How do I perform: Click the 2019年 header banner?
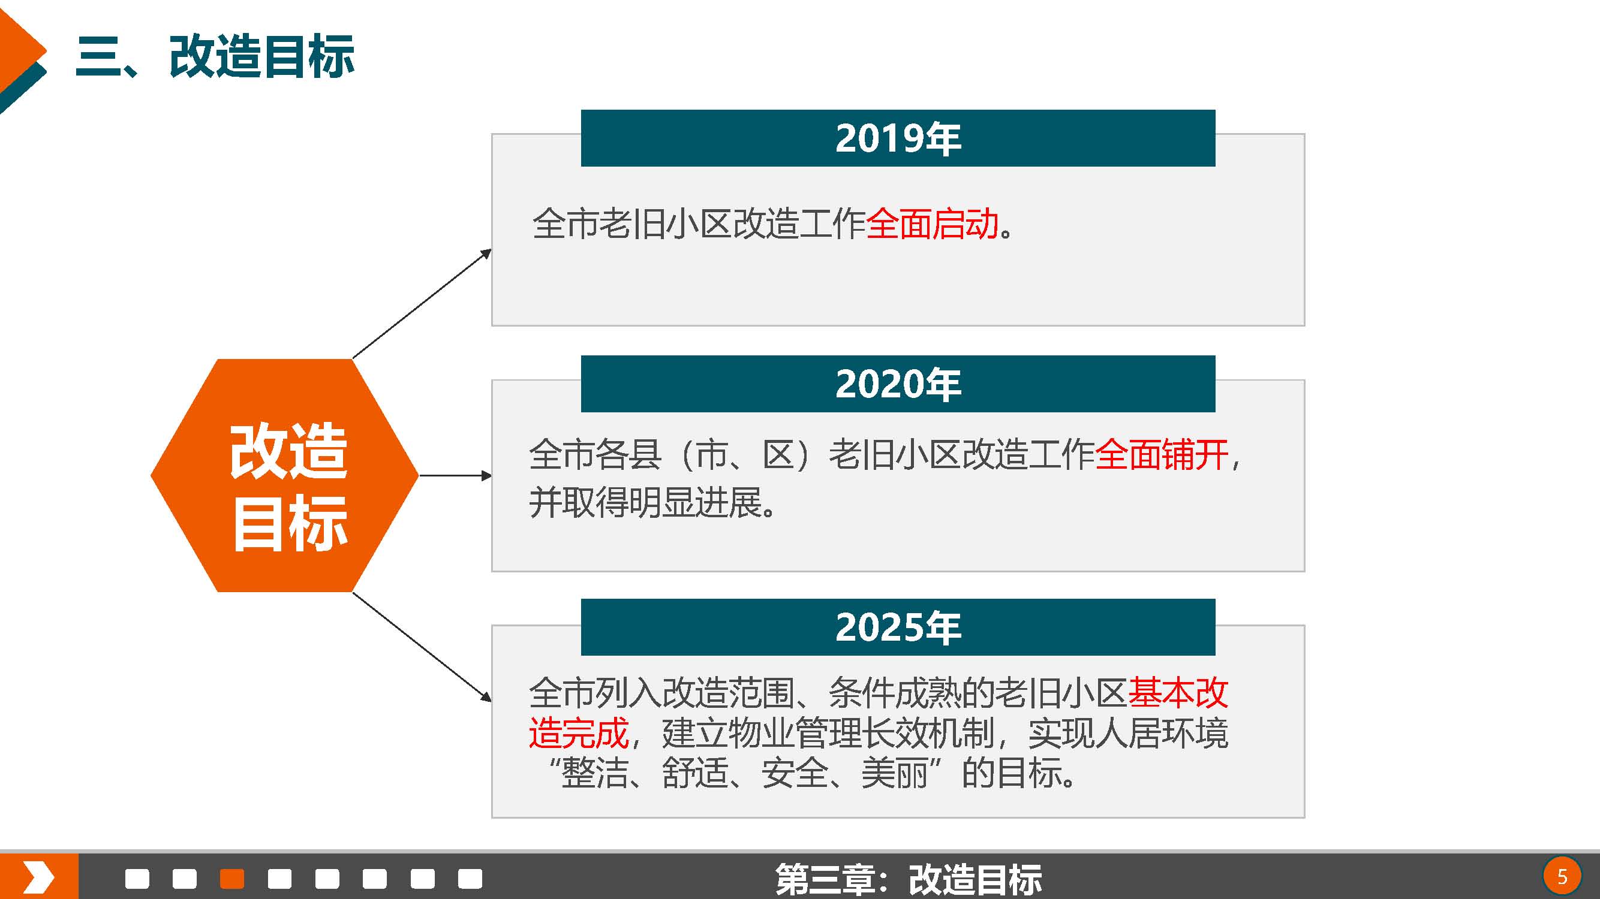tap(898, 138)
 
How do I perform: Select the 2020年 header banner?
tap(898, 384)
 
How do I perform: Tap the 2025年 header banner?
tap(898, 627)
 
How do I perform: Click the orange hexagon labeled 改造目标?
tap(284, 476)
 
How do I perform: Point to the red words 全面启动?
tap(932, 224)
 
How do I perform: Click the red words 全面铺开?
tap(1162, 454)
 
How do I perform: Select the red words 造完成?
tap(579, 733)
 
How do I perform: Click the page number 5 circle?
tap(1562, 877)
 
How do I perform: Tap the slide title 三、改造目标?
tap(215, 56)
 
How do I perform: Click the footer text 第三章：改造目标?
tap(909, 879)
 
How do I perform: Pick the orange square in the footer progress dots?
tap(232, 879)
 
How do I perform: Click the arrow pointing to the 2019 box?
tap(422, 304)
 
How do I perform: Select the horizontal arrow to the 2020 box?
tap(455, 476)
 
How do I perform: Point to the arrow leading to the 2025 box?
tap(422, 647)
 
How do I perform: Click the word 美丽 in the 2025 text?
tap(894, 774)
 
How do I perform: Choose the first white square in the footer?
tap(137, 879)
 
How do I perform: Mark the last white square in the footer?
tap(470, 879)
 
